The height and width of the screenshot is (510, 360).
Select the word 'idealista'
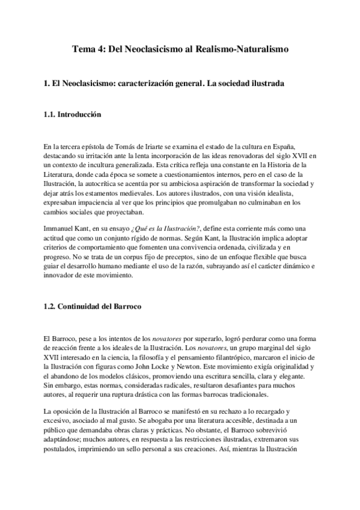291,195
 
